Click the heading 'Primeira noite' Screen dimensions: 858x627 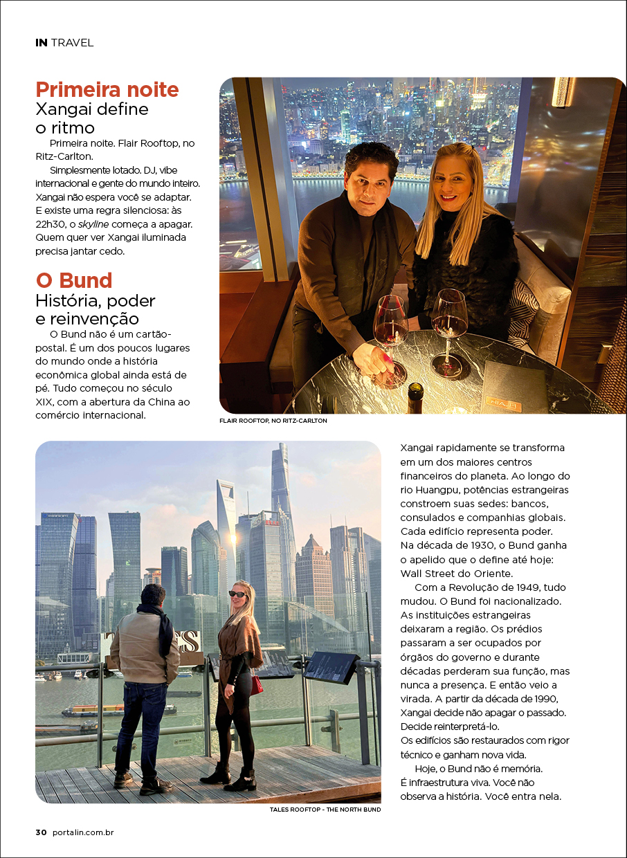coord(107,90)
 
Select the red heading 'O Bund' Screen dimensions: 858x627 coord(74,281)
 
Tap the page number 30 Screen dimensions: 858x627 coord(41,832)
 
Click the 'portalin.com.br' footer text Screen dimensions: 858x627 coord(83,832)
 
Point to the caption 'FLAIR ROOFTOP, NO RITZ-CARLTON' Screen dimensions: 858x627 coord(273,420)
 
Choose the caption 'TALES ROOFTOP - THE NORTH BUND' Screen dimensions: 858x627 coord(325,809)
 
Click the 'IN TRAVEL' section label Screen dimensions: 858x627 coord(64,43)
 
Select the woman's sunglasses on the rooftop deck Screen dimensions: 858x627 coord(237,594)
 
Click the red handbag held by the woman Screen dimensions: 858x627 coord(256,685)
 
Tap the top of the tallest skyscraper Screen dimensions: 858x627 coord(280,450)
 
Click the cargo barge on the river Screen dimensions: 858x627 coord(97,711)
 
